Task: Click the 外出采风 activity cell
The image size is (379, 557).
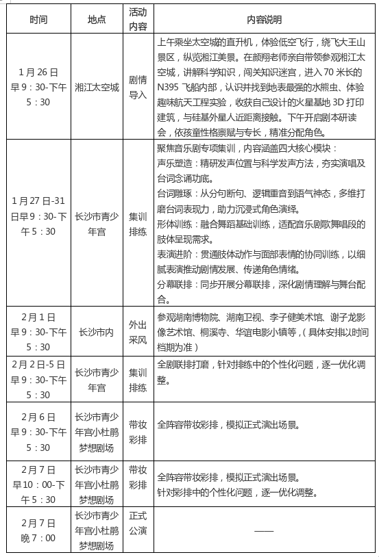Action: coord(138,332)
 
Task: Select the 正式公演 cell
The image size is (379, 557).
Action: coord(138,530)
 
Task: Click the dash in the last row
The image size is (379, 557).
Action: coord(264,530)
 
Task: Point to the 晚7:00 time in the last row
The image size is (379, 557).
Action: coord(39,538)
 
